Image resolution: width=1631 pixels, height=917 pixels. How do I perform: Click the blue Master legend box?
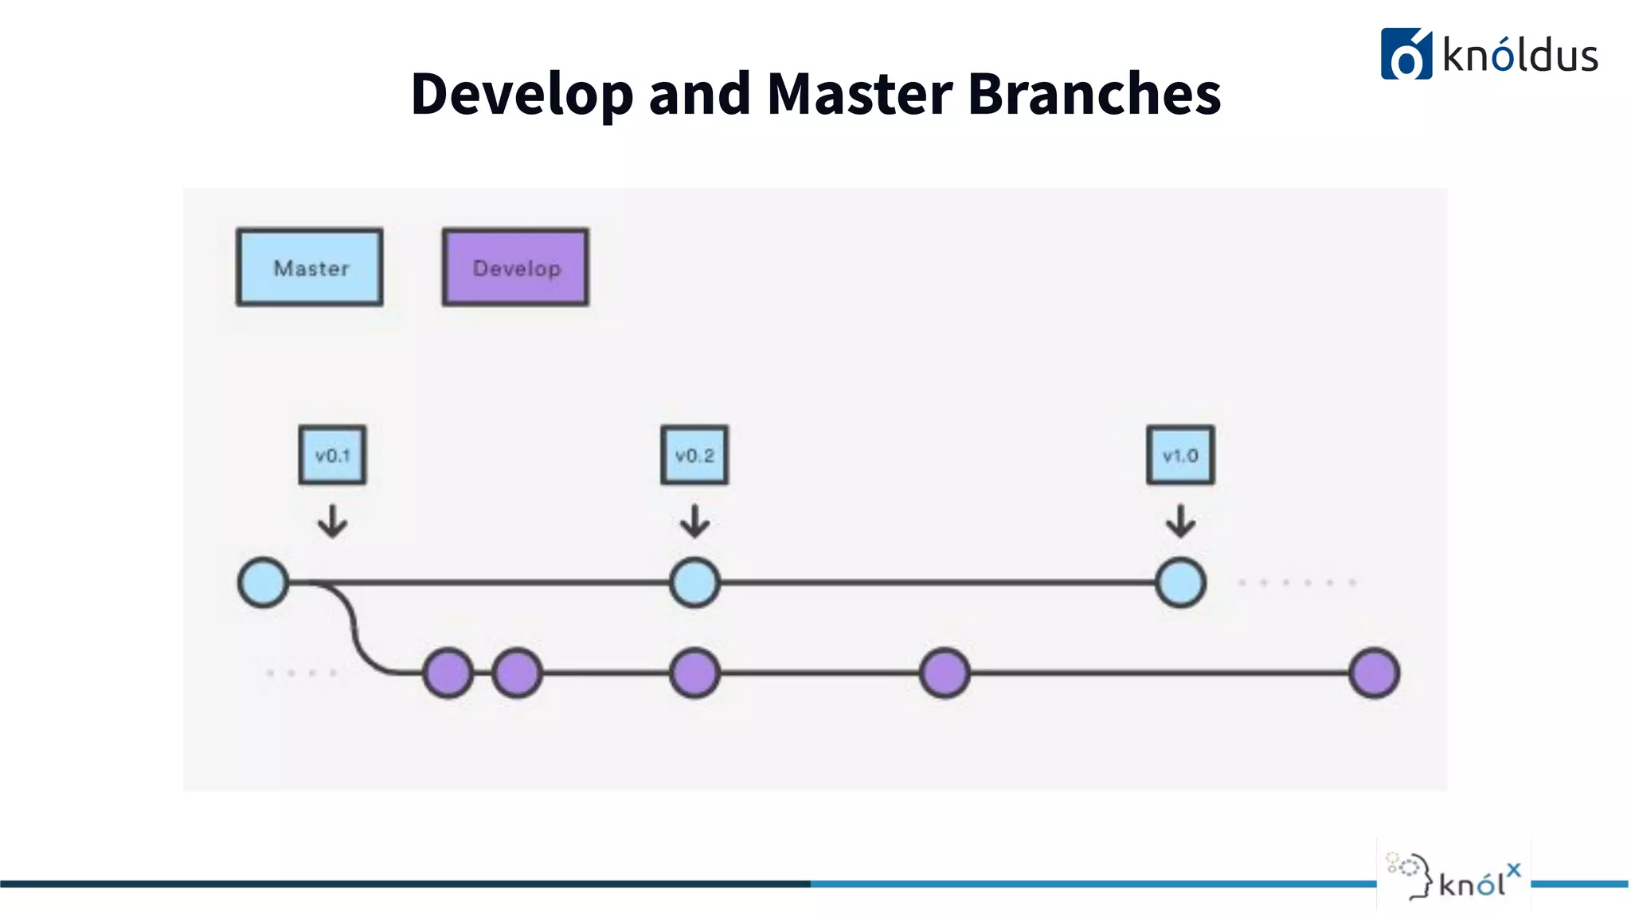pos(310,267)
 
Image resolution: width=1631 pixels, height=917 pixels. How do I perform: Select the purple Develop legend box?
pos(516,267)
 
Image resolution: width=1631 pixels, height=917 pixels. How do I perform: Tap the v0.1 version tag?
pos(332,455)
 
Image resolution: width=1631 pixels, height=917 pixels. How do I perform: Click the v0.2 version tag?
pos(694,455)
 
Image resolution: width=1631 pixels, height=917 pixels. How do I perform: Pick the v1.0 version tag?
pos(1180,455)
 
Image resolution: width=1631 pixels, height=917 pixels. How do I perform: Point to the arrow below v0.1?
pos(332,522)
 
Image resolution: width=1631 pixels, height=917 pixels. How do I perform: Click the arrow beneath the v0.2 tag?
pos(694,522)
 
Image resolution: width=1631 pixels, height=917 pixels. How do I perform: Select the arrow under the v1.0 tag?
pos(1180,522)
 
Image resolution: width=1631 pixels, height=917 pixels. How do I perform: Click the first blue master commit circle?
pos(264,583)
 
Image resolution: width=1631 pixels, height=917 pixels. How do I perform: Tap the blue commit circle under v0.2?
pos(694,583)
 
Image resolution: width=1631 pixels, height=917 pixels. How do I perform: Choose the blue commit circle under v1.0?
pos(1180,583)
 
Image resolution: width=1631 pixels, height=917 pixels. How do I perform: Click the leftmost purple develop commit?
pos(448,673)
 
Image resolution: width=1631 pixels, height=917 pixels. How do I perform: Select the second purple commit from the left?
pos(517,673)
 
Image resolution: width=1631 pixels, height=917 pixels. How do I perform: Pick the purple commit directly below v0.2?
pos(694,673)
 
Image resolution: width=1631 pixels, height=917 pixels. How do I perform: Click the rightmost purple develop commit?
pos(1375,673)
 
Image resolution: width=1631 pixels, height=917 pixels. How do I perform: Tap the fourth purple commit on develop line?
pos(945,673)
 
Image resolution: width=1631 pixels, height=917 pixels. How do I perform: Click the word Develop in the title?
pos(522,94)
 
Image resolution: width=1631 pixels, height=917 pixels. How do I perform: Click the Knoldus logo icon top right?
pos(1406,54)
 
